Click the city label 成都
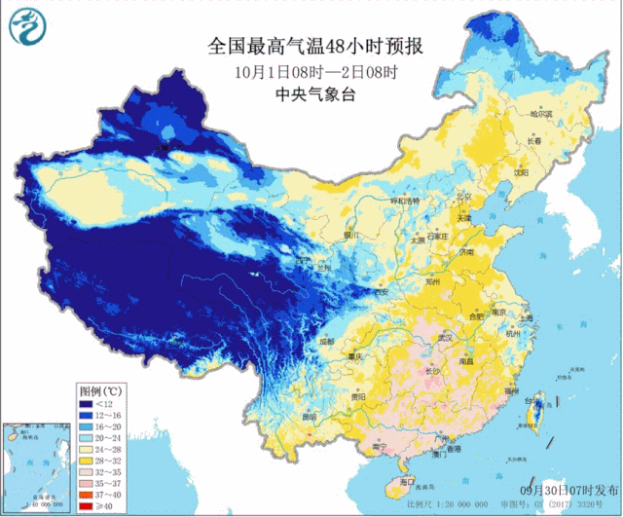pos(324,342)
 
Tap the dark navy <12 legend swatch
pos(88,402)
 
